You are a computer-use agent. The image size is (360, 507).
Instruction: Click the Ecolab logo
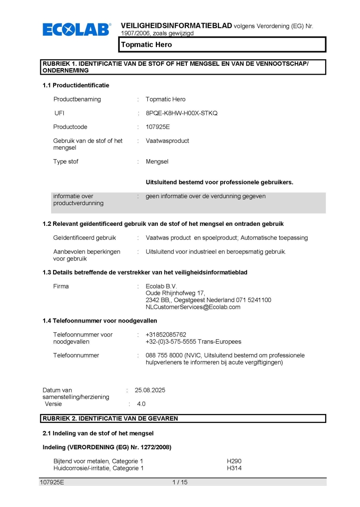click(77, 30)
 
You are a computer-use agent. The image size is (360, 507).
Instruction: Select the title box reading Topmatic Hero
click(222, 45)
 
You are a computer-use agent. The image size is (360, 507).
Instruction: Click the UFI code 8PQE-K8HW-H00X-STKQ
click(182, 113)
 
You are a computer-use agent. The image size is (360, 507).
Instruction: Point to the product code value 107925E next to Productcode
click(158, 127)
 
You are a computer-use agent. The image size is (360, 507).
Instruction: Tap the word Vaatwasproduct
click(168, 141)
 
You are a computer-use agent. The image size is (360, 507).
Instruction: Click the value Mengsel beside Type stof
click(157, 161)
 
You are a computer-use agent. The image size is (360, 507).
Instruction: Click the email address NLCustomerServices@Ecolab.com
click(193, 307)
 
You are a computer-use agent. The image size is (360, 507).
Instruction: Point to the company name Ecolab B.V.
click(161, 286)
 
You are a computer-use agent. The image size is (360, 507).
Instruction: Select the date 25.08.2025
click(150, 390)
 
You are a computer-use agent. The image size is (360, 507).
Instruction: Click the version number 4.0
click(141, 404)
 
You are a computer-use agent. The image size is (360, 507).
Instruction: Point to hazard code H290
click(234, 461)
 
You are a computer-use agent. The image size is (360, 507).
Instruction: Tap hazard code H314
click(234, 468)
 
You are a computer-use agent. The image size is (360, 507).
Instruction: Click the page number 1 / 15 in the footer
click(180, 482)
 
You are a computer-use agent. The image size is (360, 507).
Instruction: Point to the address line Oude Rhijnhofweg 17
click(172, 293)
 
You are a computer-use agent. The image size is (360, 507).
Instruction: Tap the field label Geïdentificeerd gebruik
click(84, 238)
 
